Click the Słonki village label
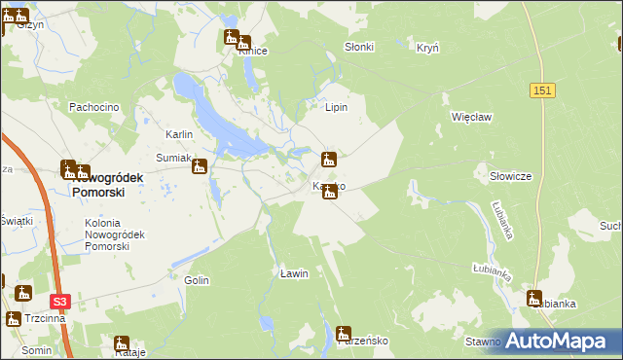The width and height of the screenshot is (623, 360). point(359,47)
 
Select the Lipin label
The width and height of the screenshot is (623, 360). point(337,107)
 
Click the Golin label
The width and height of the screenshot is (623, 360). point(197,280)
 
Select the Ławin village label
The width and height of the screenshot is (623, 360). point(294,273)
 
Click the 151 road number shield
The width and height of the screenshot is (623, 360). point(543,90)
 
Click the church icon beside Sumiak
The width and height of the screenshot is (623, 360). point(200,166)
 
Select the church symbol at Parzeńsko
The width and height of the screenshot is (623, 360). point(343,333)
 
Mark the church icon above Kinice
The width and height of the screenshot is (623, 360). point(232,38)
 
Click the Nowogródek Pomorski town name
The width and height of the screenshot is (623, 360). point(108,185)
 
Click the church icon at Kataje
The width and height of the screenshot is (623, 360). point(122,342)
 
